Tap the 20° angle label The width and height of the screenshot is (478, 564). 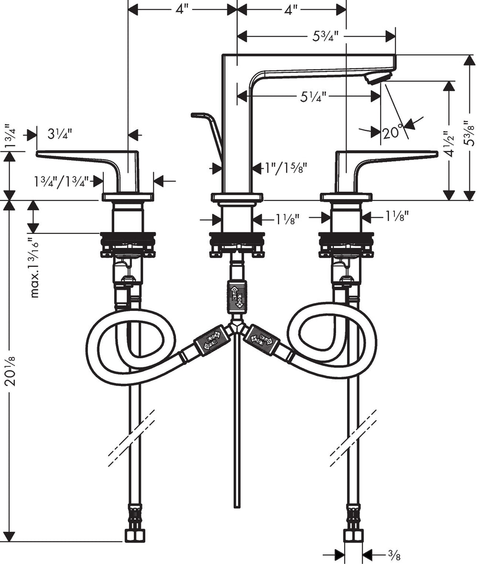pyautogui.click(x=393, y=132)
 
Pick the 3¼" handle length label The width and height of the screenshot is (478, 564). pyautogui.click(x=60, y=134)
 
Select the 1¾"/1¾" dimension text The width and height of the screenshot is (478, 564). pyautogui.click(x=62, y=181)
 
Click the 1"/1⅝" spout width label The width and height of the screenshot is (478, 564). pyautogui.click(x=286, y=167)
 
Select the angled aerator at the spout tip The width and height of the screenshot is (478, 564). pyautogui.click(x=379, y=77)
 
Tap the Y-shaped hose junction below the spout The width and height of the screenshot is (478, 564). pyautogui.click(x=237, y=330)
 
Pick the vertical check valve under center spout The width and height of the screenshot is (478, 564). pyautogui.click(x=237, y=297)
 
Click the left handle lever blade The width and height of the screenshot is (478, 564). pyautogui.click(x=76, y=155)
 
